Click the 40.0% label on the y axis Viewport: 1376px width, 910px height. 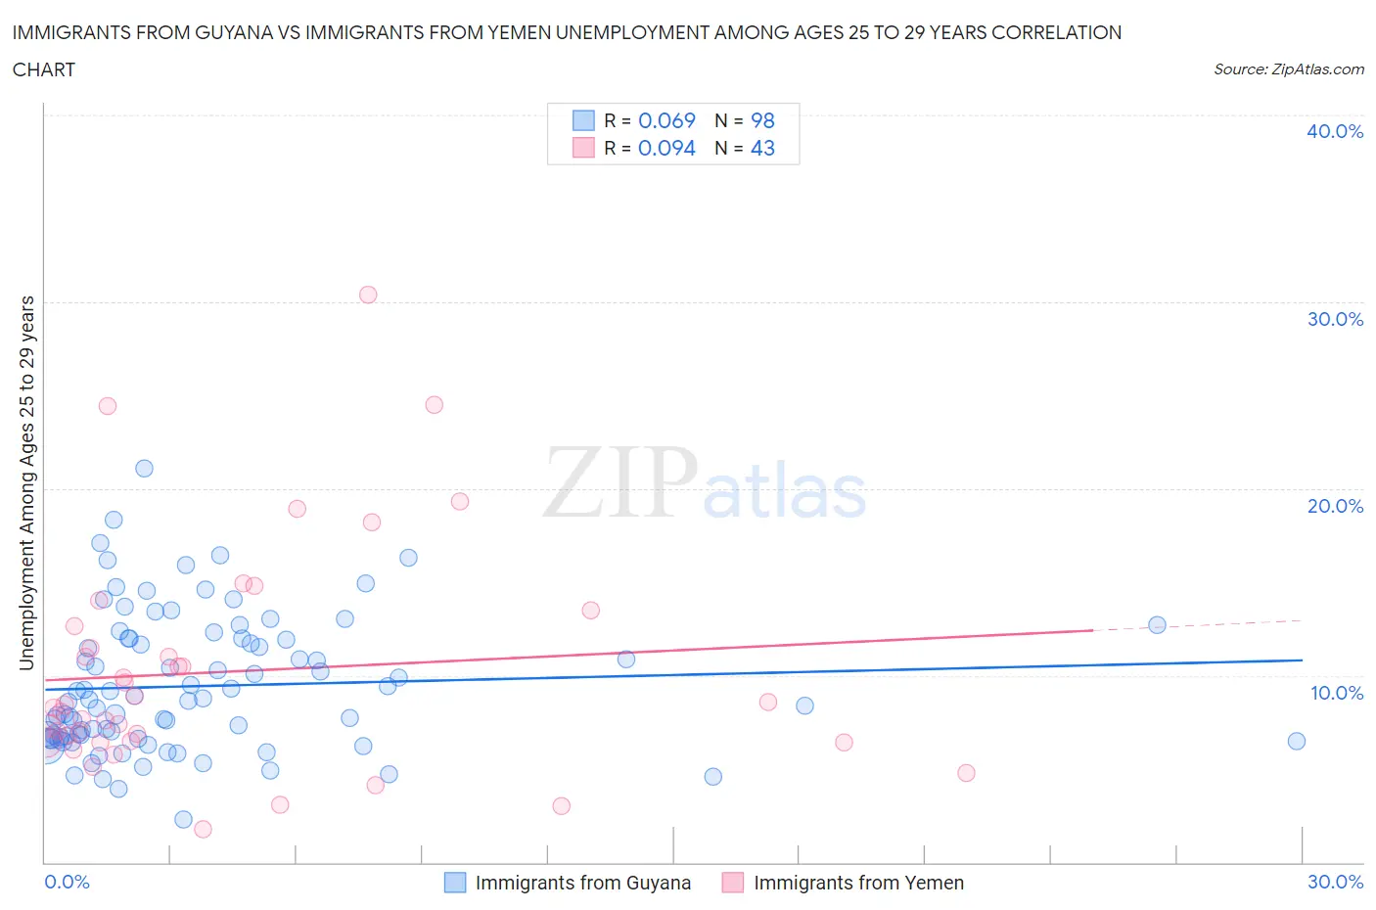click(x=1334, y=131)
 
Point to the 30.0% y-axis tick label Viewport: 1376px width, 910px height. click(x=1334, y=319)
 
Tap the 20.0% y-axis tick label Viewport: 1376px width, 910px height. click(x=1334, y=506)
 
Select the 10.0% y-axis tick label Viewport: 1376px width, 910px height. click(x=1336, y=693)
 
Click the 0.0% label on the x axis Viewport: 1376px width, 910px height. click(x=67, y=882)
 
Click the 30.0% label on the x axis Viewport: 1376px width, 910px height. click(x=1335, y=882)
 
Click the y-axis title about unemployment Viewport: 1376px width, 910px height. click(x=26, y=482)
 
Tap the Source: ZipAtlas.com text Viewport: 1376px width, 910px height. click(x=1288, y=68)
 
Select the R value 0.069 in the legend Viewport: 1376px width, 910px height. click(x=666, y=120)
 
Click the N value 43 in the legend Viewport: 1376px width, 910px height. click(x=762, y=148)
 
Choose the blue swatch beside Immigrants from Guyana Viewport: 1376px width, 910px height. click(x=455, y=883)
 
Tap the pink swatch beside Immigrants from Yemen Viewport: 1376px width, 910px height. click(x=733, y=883)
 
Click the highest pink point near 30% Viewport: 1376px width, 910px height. click(x=368, y=295)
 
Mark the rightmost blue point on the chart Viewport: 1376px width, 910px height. click(x=1296, y=741)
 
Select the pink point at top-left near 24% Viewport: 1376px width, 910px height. click(x=108, y=406)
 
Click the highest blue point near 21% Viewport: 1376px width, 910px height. click(x=144, y=468)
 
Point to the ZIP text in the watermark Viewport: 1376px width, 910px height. click(x=620, y=482)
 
